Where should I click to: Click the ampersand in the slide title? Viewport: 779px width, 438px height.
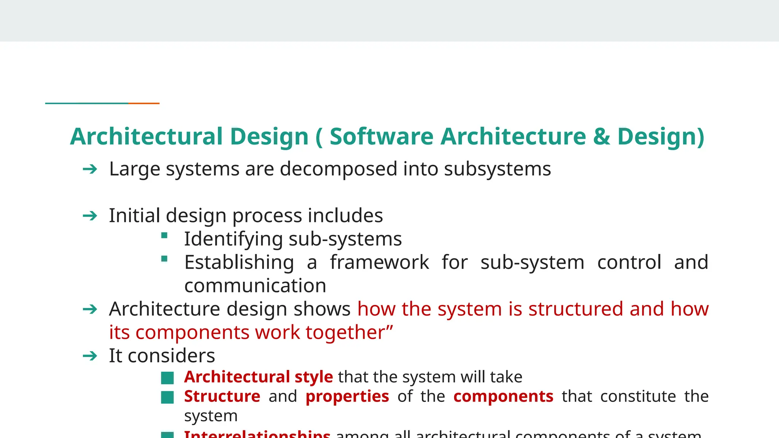coord(601,136)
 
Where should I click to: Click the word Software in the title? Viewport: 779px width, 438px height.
coord(381,136)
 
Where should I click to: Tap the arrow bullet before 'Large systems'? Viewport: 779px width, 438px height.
coord(90,169)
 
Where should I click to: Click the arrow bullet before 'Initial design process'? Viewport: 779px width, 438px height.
coord(90,216)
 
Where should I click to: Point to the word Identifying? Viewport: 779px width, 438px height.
coord(233,239)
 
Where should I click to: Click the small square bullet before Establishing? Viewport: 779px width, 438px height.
coord(164,259)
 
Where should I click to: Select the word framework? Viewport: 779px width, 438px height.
coord(379,262)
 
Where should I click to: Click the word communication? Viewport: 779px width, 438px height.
coord(255,286)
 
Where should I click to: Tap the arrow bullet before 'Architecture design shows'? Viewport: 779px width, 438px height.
coord(90,309)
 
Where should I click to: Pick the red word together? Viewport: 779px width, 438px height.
coord(345,332)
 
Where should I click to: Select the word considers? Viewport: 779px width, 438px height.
coord(171,356)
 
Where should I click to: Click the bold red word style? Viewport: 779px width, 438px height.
coord(313,377)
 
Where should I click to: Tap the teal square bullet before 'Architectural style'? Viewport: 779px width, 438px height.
coord(167,378)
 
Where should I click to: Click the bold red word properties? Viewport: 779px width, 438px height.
coord(347,397)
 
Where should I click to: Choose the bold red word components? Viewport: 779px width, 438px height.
coord(503,396)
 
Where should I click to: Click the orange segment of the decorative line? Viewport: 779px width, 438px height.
coord(144,103)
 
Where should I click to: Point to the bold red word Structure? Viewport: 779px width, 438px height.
coord(222,396)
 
